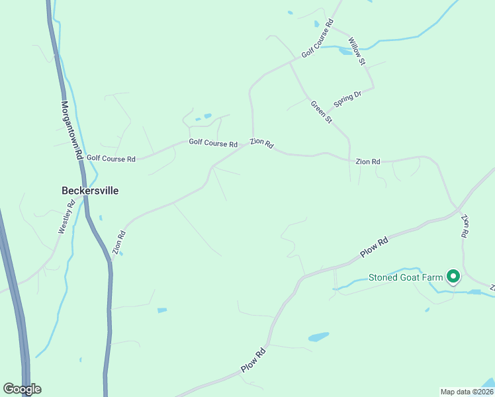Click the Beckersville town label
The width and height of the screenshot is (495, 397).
tap(90, 191)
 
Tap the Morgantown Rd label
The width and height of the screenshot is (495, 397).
tap(71, 129)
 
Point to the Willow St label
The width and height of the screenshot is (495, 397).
tap(357, 51)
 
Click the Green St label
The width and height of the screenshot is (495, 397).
tap(321, 110)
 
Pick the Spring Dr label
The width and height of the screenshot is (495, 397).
tap(347, 99)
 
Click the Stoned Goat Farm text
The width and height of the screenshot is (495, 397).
tap(405, 277)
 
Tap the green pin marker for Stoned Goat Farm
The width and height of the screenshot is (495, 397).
tap(453, 276)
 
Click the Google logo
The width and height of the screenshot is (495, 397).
tap(22, 389)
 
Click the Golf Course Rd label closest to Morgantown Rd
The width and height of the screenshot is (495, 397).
tap(111, 159)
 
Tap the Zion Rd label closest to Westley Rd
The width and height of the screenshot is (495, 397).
tap(119, 243)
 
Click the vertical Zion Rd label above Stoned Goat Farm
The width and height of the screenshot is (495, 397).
tap(465, 226)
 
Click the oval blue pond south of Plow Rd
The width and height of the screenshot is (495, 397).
tap(318, 337)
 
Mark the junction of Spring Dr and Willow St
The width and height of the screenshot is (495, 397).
tap(373, 87)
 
